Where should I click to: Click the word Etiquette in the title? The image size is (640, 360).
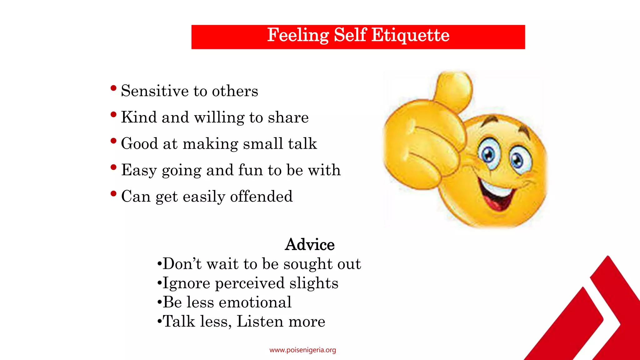[x=410, y=35]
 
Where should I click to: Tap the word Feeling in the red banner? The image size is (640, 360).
[x=298, y=35]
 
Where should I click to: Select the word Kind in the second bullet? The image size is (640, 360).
[x=139, y=117]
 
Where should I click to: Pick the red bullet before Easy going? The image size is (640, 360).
[x=113, y=167]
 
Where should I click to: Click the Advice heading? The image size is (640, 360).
[x=310, y=244]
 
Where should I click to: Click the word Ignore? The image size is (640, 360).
[x=187, y=283]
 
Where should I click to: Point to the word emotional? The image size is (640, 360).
[x=255, y=302]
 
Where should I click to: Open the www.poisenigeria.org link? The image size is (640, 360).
[x=302, y=350]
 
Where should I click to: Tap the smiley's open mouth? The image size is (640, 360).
[x=497, y=195]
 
